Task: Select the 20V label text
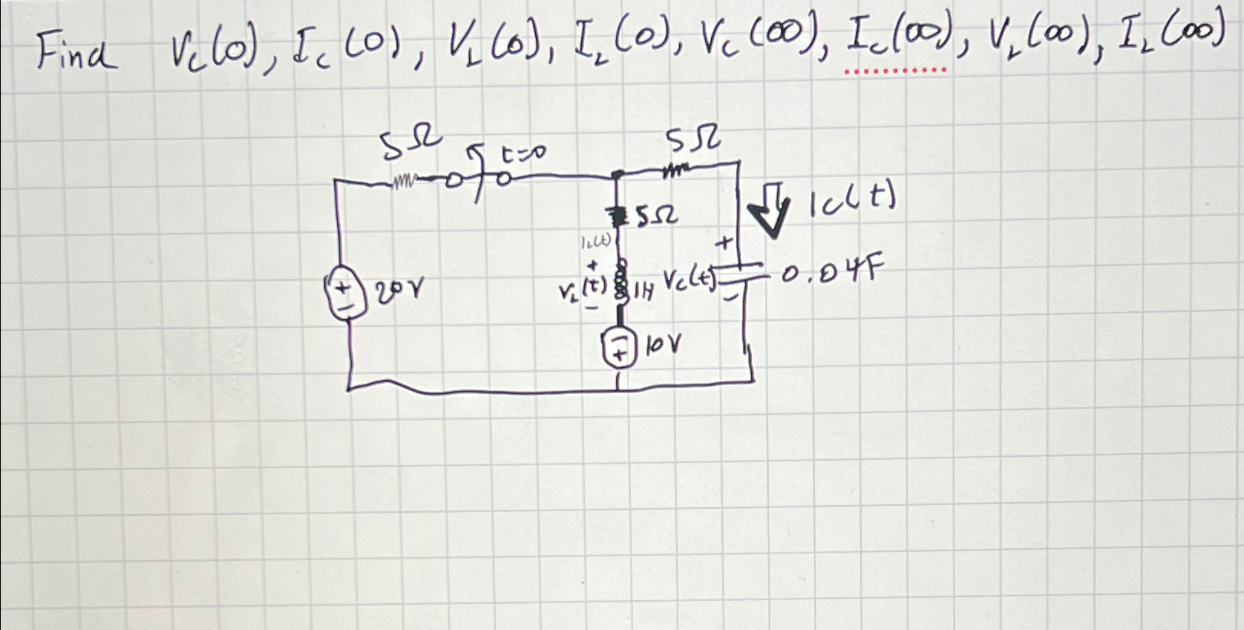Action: click(x=401, y=290)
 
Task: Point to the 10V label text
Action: click(x=663, y=348)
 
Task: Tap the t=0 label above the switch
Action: click(x=523, y=156)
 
